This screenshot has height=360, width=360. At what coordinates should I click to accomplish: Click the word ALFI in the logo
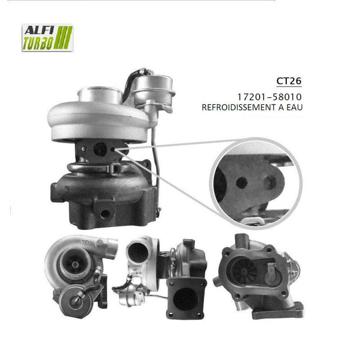click(x=38, y=31)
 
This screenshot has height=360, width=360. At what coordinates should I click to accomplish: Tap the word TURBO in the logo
click(x=39, y=44)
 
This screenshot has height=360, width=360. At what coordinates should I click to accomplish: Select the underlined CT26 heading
click(x=288, y=81)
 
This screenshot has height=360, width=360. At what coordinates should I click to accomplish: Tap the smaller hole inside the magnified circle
click(x=242, y=182)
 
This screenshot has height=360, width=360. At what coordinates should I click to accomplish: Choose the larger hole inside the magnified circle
click(x=270, y=182)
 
